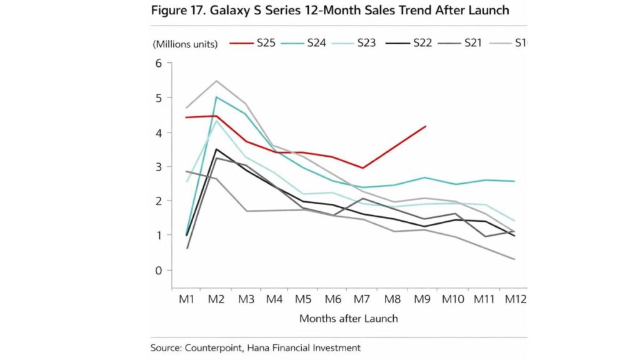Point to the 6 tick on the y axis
159,63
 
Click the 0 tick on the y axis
159,270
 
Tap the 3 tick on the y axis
159,167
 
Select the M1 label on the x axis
186,300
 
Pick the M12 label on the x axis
516,300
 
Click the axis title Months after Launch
348,318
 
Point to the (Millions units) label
184,44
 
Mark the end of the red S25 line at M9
426,126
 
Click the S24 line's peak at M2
216,97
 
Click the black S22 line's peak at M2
216,149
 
